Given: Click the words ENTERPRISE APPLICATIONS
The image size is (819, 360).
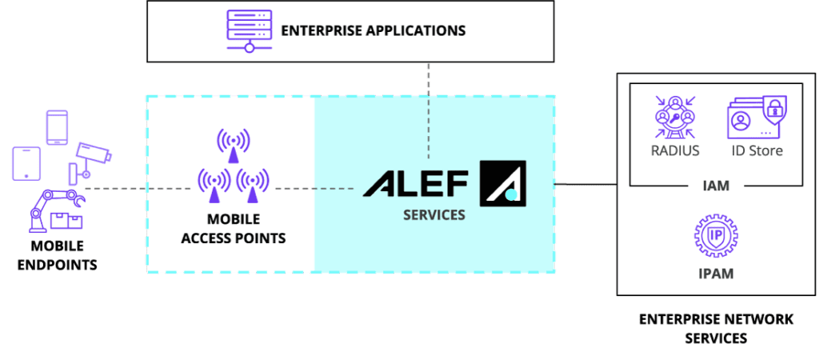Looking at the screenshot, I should [x=373, y=32].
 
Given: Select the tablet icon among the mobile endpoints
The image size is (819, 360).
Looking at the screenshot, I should [x=26, y=162].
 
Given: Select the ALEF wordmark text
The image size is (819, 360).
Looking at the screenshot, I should [x=415, y=182].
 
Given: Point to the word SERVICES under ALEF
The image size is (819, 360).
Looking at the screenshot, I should [x=433, y=215].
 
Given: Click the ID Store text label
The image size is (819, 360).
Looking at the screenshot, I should [x=754, y=150].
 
